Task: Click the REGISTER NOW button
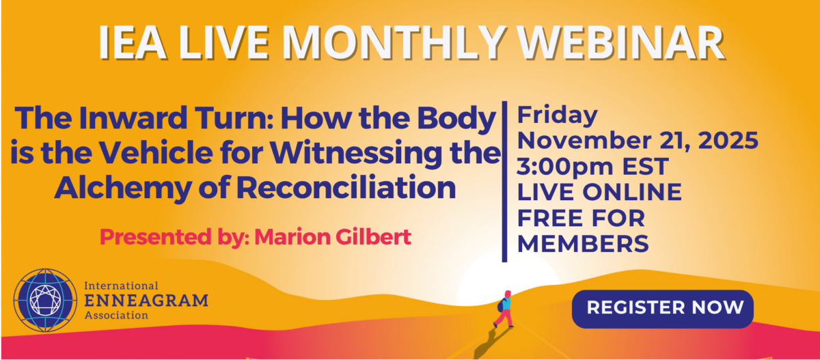(663, 309)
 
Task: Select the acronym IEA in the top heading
(133, 43)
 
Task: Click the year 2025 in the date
(728, 141)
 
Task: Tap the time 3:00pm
(565, 167)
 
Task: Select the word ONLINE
(632, 192)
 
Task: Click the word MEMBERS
(583, 244)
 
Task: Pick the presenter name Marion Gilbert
(333, 237)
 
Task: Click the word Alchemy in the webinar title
(124, 188)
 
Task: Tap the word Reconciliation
(346, 187)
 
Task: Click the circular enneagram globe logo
(45, 300)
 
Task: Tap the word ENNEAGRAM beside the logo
(146, 301)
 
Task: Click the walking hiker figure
(504, 309)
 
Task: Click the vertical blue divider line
(504, 182)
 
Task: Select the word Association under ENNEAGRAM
(116, 316)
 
